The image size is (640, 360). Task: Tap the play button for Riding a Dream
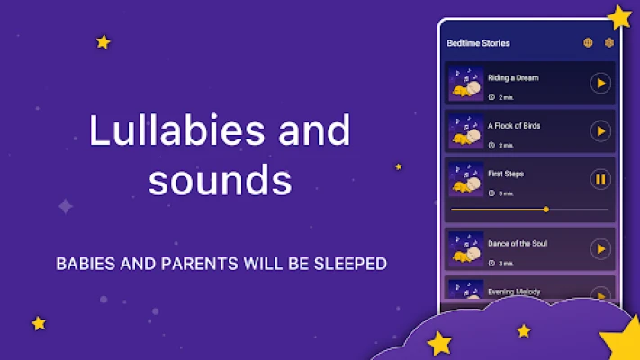point(600,84)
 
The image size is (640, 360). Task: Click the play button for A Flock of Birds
point(600,131)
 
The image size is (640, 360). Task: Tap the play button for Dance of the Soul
point(600,249)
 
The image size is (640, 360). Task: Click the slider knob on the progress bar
point(546,210)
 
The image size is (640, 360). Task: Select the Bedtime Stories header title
point(478,43)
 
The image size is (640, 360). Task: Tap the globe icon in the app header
point(588,42)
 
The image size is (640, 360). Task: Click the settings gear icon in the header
point(609,42)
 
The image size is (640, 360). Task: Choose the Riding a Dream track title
point(513,78)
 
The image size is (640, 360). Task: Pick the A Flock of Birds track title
point(514,126)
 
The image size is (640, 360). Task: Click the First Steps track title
point(506,174)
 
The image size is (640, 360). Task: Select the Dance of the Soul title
point(518,244)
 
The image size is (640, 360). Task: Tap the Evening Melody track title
point(514,292)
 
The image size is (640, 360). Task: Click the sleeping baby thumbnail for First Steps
point(465,179)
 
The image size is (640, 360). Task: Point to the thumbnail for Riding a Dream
point(465,84)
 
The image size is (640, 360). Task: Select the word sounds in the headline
point(220,180)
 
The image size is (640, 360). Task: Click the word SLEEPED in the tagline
point(350,264)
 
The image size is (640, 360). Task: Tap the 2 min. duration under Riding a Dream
point(501,97)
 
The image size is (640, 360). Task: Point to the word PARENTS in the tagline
point(199,264)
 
